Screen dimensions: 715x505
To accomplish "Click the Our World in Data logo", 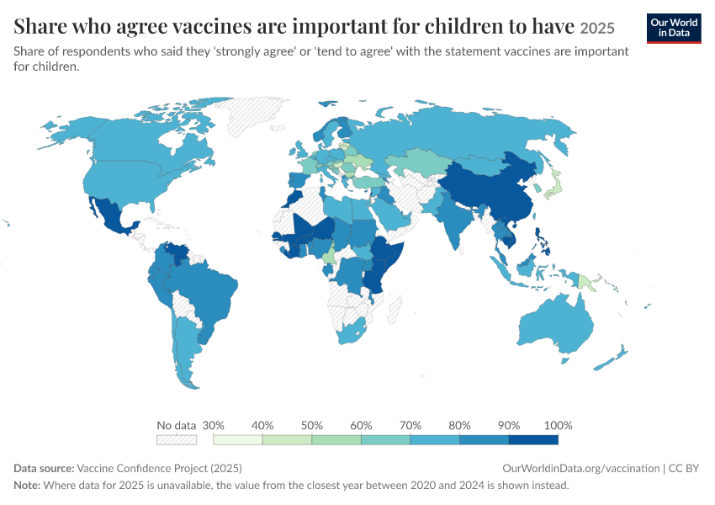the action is pos(674,29).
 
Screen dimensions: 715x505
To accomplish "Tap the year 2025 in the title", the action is pos(597,29).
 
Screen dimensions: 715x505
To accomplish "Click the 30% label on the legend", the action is pos(213,426).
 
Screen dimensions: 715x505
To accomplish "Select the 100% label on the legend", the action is pos(559,426).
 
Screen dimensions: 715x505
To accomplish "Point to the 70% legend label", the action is pos(410,426).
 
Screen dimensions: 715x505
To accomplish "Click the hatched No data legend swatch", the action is pos(177,439).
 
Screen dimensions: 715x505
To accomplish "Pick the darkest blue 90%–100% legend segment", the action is pos(533,439).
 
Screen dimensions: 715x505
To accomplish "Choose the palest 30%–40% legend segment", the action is pos(237,439).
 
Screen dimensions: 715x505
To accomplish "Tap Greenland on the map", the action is pos(252,115).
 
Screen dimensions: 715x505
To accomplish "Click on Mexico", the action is pos(111,215).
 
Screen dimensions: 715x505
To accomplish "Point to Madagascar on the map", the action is pos(395,309).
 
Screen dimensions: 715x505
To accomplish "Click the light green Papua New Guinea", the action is pos(585,283).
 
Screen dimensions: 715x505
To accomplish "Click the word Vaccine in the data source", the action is pos(93,469).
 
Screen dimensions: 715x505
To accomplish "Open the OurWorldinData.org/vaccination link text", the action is pos(581,469).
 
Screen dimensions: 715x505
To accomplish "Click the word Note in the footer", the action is pos(27,485).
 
